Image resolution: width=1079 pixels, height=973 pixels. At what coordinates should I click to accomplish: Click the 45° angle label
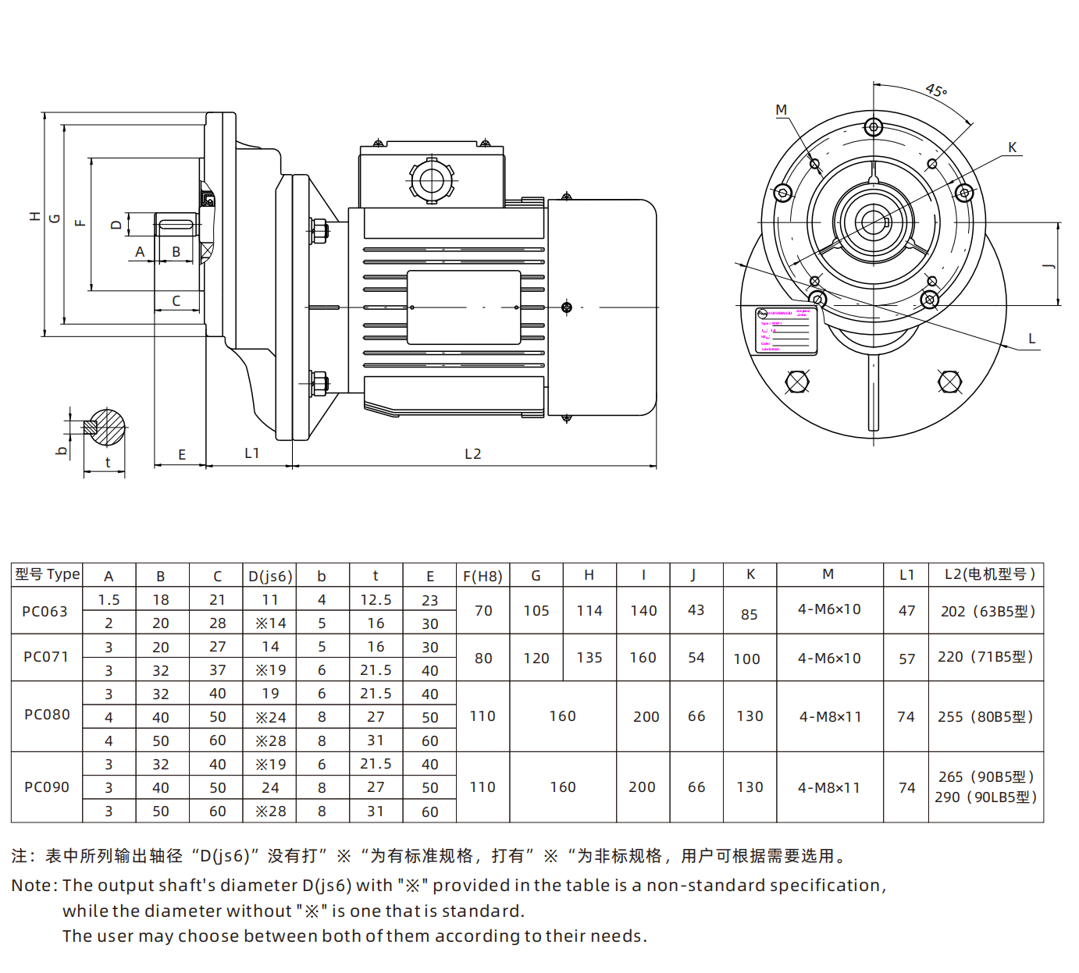click(936, 91)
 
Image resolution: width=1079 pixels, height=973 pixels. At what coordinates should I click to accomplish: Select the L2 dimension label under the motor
click(472, 453)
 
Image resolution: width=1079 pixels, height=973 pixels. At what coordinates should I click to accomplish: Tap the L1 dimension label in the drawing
click(251, 453)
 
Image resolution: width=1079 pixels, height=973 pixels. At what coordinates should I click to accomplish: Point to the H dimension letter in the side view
click(35, 216)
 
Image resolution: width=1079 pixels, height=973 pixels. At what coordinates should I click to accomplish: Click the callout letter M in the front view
click(781, 110)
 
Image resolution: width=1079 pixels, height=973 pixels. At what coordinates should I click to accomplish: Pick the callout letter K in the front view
click(1012, 147)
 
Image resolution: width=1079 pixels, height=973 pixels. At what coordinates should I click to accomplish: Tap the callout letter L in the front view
click(1031, 339)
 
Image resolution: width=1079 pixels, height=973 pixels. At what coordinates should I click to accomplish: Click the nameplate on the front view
click(785, 331)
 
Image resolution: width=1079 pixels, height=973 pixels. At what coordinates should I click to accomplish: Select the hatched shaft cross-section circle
click(105, 428)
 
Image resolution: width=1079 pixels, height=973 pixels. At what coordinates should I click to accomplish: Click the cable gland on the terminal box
click(431, 181)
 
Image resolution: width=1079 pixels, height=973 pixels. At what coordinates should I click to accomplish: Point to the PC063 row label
click(45, 611)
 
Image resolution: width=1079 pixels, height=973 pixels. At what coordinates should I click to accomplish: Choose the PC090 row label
click(47, 787)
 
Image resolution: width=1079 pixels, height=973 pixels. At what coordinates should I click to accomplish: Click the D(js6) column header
click(270, 576)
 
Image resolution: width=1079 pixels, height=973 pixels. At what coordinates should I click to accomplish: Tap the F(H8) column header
click(483, 576)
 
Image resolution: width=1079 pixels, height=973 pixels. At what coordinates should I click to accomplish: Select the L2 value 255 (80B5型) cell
click(985, 716)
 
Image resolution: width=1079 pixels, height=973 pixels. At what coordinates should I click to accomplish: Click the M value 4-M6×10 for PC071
click(829, 658)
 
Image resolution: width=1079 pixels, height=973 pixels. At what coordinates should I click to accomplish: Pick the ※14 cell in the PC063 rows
click(270, 623)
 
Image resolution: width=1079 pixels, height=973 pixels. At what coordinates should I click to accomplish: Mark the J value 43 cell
click(696, 610)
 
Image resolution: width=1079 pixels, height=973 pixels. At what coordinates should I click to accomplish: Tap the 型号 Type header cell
click(47, 574)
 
